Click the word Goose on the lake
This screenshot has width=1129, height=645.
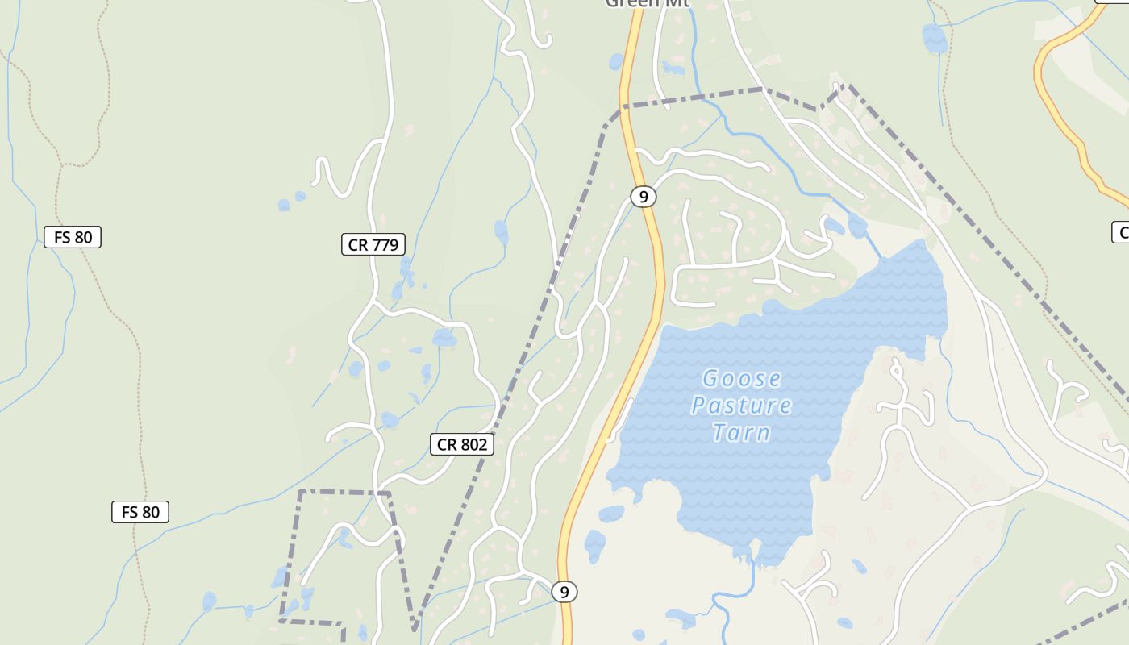pos(741,378)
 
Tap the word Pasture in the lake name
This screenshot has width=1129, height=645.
pos(741,405)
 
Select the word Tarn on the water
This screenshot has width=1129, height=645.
pos(741,433)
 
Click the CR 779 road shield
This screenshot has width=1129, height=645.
pos(373,245)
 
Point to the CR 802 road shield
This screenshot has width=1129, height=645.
pos(461,444)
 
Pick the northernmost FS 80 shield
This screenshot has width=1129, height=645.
pos(73,237)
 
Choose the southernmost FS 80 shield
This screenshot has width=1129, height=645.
pos(140,512)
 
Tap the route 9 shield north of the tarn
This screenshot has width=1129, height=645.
pos(643,196)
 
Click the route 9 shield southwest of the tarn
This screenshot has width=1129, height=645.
pos(564,593)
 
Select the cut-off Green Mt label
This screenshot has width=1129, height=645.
pos(643,3)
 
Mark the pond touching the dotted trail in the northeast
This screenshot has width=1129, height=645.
pos(935,38)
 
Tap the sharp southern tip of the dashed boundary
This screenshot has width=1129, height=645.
pos(415,627)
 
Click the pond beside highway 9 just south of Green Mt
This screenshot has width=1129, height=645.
pos(617,62)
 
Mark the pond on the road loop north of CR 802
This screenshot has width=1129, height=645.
pos(444,338)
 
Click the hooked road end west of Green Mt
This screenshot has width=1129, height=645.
pos(545,39)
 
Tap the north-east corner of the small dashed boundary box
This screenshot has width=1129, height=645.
pos(390,493)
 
